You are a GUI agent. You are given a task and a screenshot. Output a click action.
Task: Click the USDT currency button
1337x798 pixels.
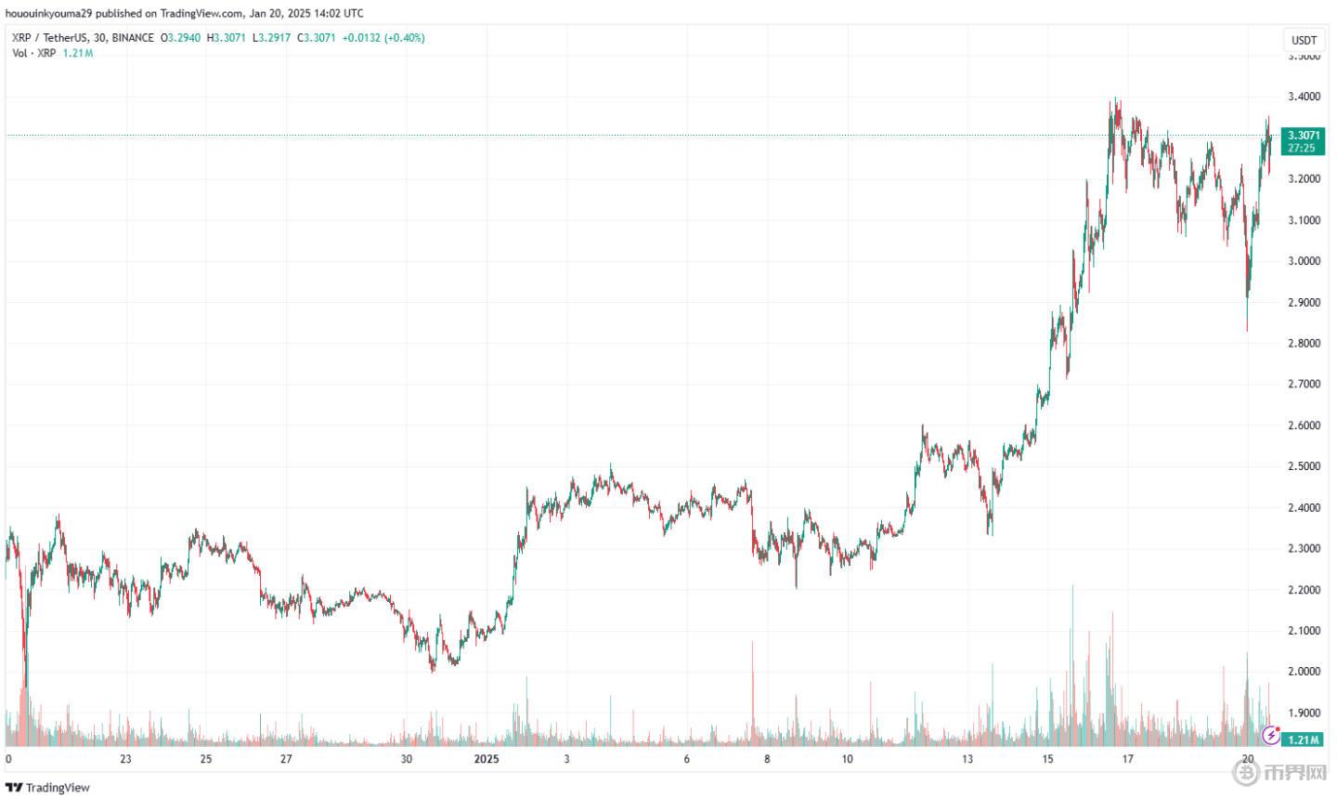point(1304,40)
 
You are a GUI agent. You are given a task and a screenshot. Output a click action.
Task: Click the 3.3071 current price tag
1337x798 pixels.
point(1302,136)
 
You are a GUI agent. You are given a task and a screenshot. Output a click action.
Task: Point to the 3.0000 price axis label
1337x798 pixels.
point(1304,261)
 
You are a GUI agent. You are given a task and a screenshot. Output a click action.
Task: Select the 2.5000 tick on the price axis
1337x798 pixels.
point(1304,466)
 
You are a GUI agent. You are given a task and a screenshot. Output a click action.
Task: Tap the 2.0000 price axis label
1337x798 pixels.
point(1304,672)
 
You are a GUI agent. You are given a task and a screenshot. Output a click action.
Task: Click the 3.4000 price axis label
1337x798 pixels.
point(1304,97)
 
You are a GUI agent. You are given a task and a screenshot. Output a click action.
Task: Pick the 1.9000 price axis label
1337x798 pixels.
point(1304,713)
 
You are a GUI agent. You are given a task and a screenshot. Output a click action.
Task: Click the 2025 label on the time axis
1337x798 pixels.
point(487,759)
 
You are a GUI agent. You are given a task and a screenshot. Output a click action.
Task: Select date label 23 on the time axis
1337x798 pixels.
point(125,759)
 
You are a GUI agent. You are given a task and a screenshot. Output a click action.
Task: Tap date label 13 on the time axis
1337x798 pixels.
point(967,759)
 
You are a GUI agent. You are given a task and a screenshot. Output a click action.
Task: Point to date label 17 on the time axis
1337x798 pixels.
point(1127,759)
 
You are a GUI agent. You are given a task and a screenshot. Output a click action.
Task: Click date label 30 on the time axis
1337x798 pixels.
point(406,759)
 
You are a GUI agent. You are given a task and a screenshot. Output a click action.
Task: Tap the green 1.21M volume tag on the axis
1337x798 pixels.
point(1304,739)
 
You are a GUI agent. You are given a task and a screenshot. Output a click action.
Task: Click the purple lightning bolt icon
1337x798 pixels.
point(1271,737)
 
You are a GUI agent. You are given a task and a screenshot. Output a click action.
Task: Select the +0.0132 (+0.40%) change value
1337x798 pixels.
point(383,38)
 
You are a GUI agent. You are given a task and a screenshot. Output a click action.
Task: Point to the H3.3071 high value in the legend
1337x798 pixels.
point(226,38)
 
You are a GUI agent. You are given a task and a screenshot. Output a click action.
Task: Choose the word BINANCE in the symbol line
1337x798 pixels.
point(131,38)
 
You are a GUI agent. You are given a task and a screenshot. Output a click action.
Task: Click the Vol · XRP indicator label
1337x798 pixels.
point(33,53)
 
